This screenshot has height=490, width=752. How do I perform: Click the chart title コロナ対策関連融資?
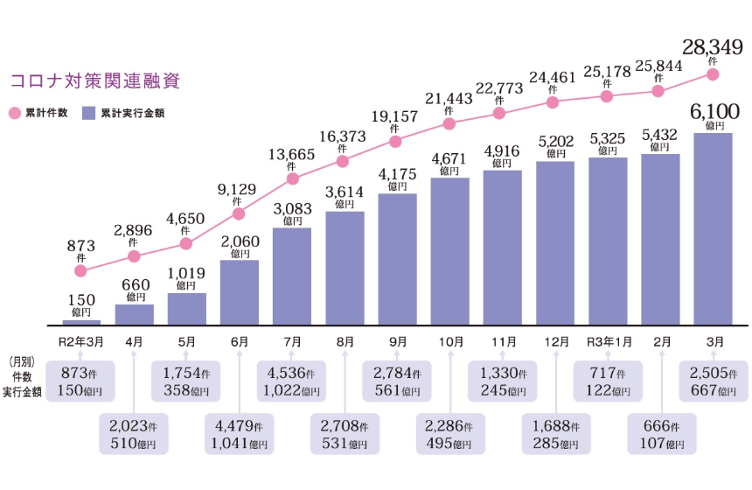point(94,81)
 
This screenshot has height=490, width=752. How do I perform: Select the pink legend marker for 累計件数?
point(15,113)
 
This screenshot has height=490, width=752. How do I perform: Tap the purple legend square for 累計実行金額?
point(87,113)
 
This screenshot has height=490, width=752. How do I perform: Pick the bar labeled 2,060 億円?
point(239,292)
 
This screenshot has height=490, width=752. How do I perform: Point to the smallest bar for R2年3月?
point(81,322)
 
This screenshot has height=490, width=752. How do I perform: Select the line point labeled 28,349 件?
point(713,75)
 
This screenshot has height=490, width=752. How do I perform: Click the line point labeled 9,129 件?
point(239,213)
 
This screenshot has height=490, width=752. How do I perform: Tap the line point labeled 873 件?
point(81,272)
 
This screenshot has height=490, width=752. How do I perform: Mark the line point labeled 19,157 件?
point(396,141)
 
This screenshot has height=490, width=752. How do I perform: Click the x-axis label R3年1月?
point(607,342)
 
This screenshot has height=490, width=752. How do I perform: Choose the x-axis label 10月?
point(449,342)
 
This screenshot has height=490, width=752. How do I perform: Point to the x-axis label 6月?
point(239,342)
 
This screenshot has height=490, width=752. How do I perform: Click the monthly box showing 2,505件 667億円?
point(713,381)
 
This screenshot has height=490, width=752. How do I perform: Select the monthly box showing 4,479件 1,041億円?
point(239,433)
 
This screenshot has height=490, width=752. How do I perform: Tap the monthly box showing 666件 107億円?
point(660,433)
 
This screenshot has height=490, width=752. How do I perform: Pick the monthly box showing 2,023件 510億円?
point(134,433)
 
